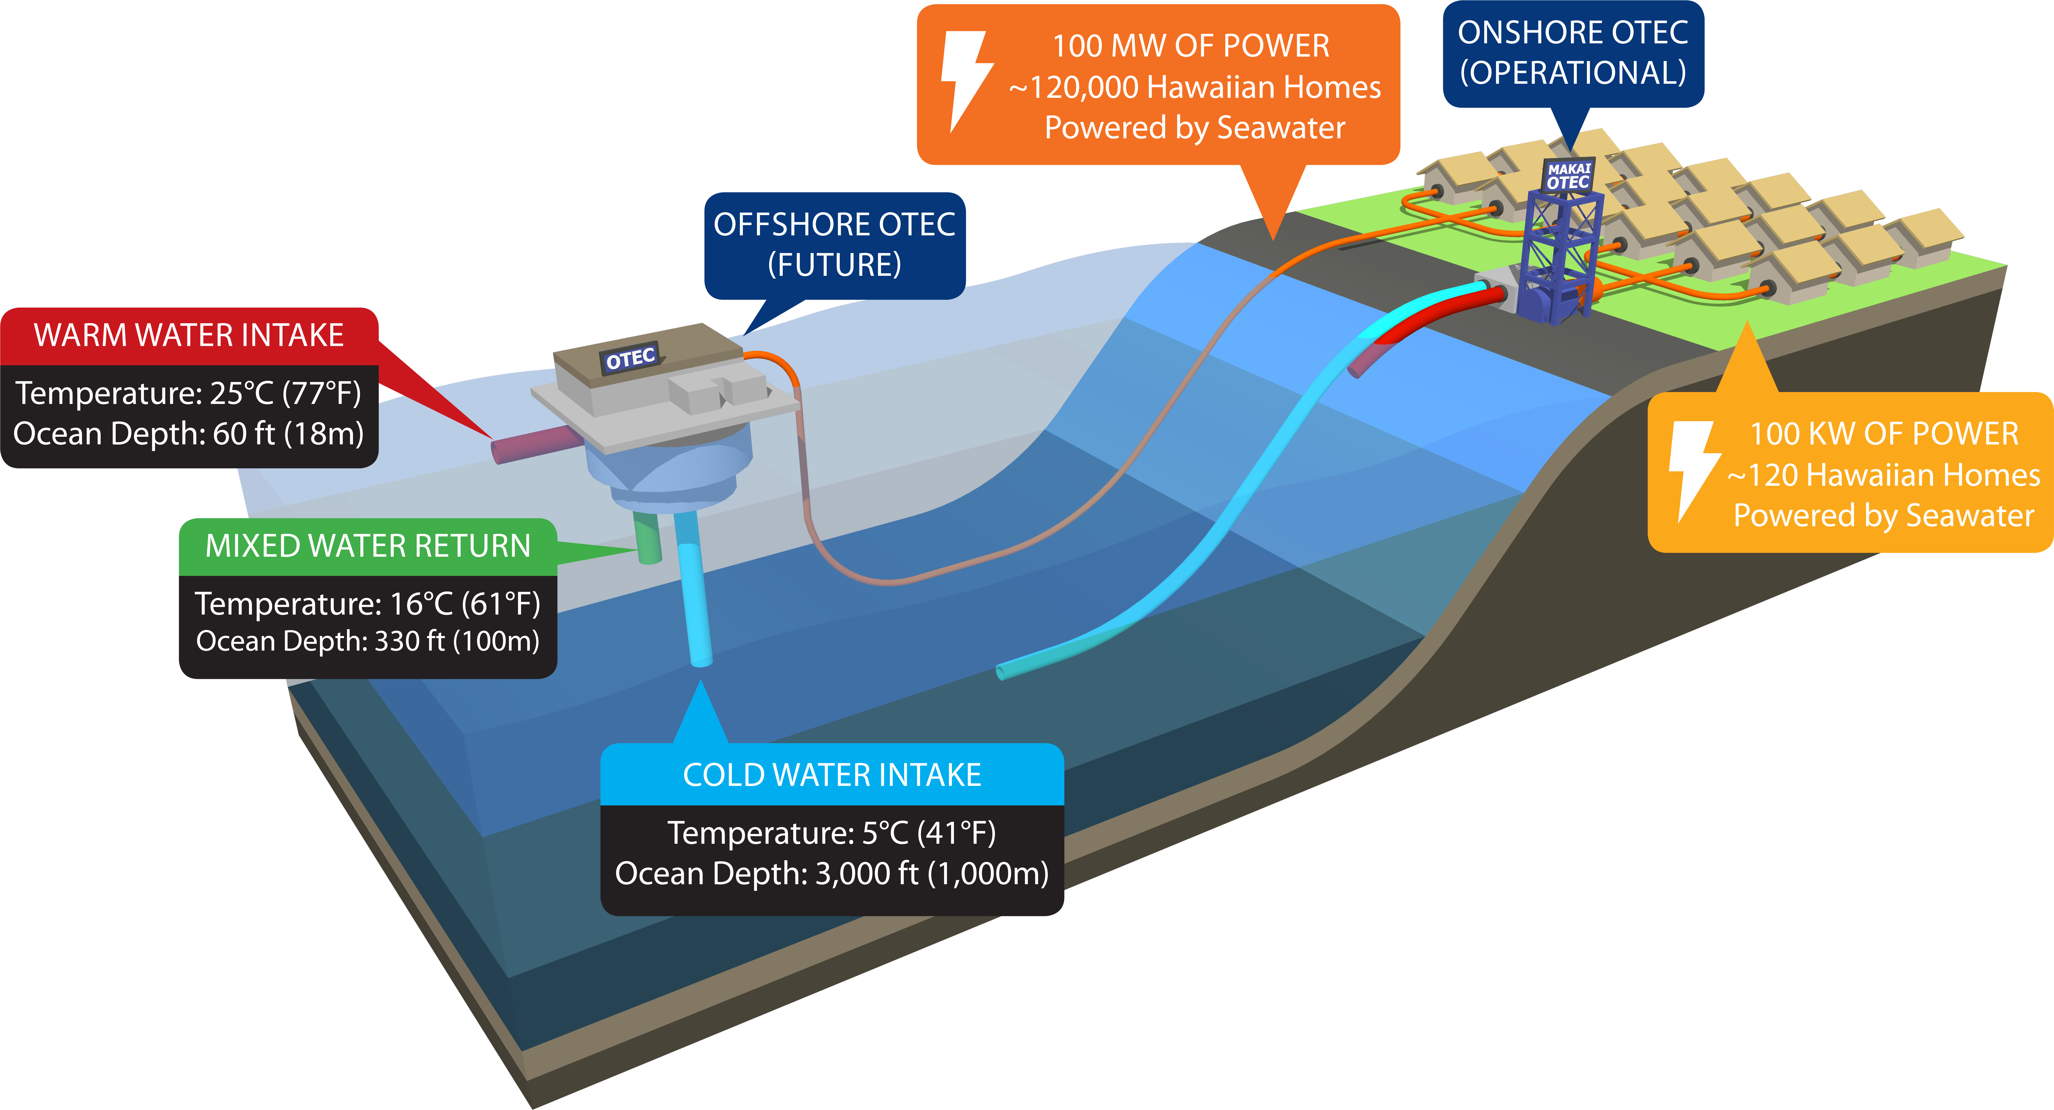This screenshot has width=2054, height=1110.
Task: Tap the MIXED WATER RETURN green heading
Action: [368, 546]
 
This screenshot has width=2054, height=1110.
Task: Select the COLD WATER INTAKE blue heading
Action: [832, 775]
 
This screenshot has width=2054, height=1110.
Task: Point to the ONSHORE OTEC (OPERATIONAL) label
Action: [1572, 53]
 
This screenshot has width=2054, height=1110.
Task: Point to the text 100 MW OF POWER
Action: [1190, 46]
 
